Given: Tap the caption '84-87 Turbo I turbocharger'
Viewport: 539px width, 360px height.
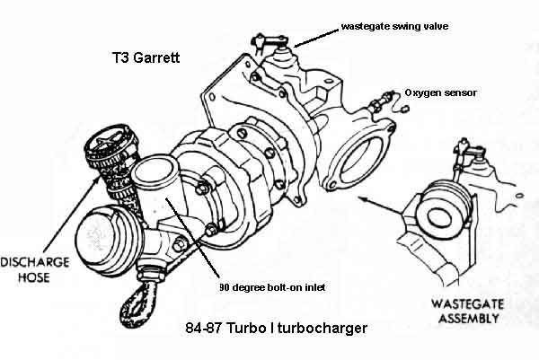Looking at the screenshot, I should point(267,328).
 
